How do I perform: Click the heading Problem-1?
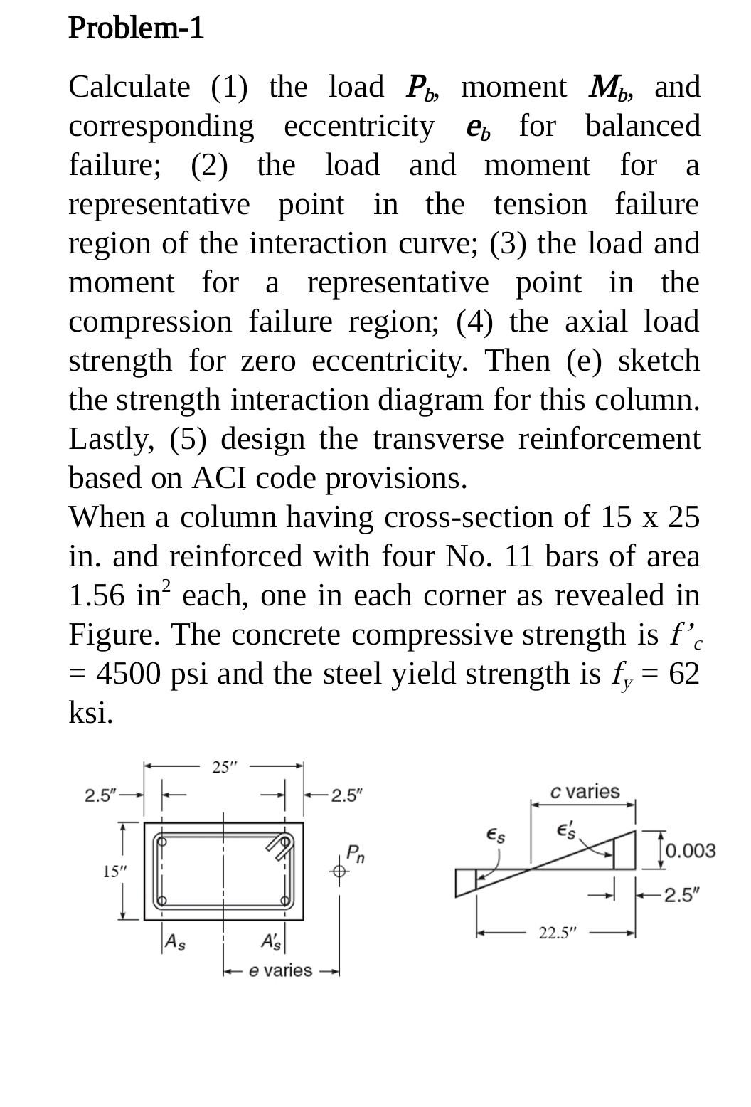coord(136,28)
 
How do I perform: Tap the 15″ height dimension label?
coord(112,872)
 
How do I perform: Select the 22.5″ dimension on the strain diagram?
coord(555,933)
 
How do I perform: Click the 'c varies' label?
coord(585,792)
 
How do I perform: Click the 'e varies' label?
coord(280,970)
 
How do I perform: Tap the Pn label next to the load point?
coord(355,853)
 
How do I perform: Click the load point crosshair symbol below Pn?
coord(339,870)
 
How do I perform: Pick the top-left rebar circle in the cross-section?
coord(161,841)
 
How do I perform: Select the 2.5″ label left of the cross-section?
coord(100,795)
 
